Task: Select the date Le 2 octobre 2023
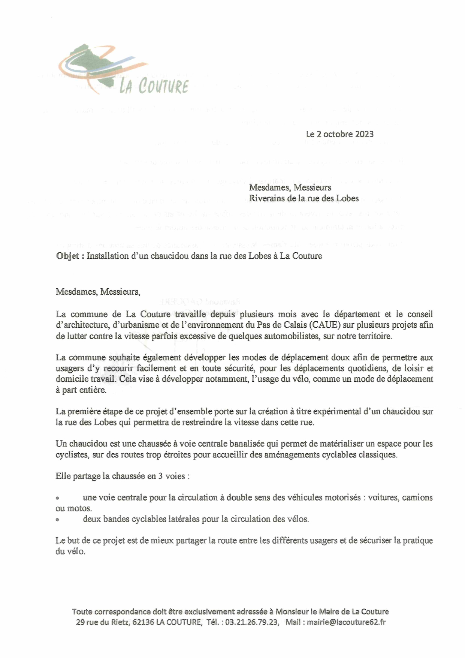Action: point(339,134)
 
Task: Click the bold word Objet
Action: point(67,256)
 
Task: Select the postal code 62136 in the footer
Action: point(143,622)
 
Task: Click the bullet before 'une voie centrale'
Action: point(58,499)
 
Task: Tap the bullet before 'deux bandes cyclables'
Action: point(58,520)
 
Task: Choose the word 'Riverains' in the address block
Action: point(265,198)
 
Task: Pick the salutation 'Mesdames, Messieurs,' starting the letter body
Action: point(98,292)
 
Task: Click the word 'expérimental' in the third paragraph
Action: point(338,411)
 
